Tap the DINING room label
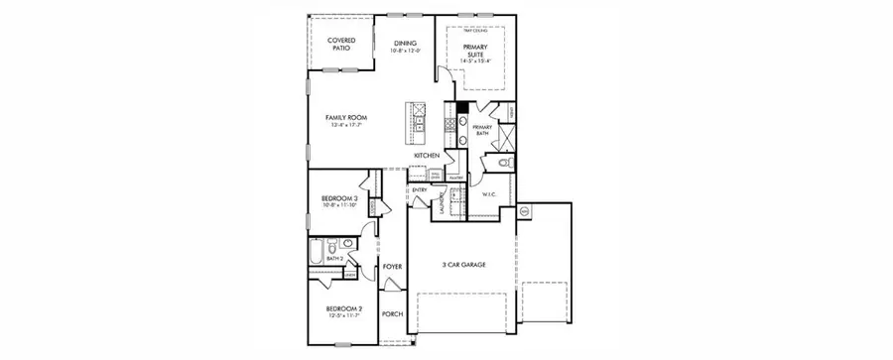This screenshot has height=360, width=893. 405,43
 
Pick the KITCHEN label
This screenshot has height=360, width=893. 427,156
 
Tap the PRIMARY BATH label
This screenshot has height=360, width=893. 482,130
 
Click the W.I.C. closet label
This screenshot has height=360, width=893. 489,194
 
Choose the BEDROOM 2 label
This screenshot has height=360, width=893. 344,307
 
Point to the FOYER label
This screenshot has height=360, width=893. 392,267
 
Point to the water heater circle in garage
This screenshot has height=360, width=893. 524,211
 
